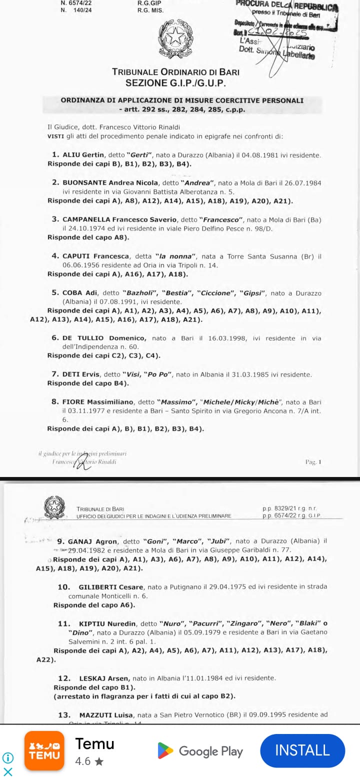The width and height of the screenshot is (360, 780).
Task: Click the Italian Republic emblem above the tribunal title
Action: pos(175,40)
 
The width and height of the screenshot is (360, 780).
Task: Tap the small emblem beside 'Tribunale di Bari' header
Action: pos(54,507)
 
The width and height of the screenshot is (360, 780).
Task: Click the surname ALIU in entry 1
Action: pos(72,155)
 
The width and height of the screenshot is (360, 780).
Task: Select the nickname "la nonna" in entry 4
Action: pos(173,256)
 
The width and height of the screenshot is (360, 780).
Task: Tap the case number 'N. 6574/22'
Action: pos(76,2)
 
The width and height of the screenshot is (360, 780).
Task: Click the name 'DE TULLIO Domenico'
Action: pos(104,338)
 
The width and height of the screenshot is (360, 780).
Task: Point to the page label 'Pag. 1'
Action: pos(313,462)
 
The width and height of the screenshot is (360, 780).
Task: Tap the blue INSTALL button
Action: pos(302,750)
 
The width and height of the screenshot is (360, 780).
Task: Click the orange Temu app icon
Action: pos(44,751)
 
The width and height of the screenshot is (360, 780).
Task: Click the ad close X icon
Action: pos(8,771)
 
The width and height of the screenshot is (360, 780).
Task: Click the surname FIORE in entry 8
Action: pos(74,401)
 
